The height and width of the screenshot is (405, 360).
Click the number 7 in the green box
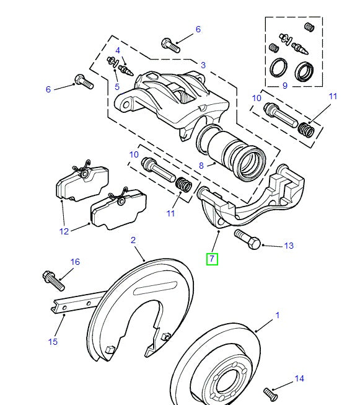pyautogui.click(x=213, y=259)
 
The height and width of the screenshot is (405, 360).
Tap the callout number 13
pyautogui.click(x=289, y=246)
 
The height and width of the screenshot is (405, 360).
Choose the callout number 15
pyautogui.click(x=53, y=341)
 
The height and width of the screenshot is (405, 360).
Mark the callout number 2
pyautogui.click(x=133, y=239)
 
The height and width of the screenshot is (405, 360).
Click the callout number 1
pyautogui.click(x=277, y=315)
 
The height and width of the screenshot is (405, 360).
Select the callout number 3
pyautogui.click(x=203, y=65)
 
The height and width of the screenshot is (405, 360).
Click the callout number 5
pyautogui.click(x=117, y=87)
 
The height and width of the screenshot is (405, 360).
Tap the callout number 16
pyautogui.click(x=75, y=262)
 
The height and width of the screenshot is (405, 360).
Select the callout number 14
pyautogui.click(x=299, y=378)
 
